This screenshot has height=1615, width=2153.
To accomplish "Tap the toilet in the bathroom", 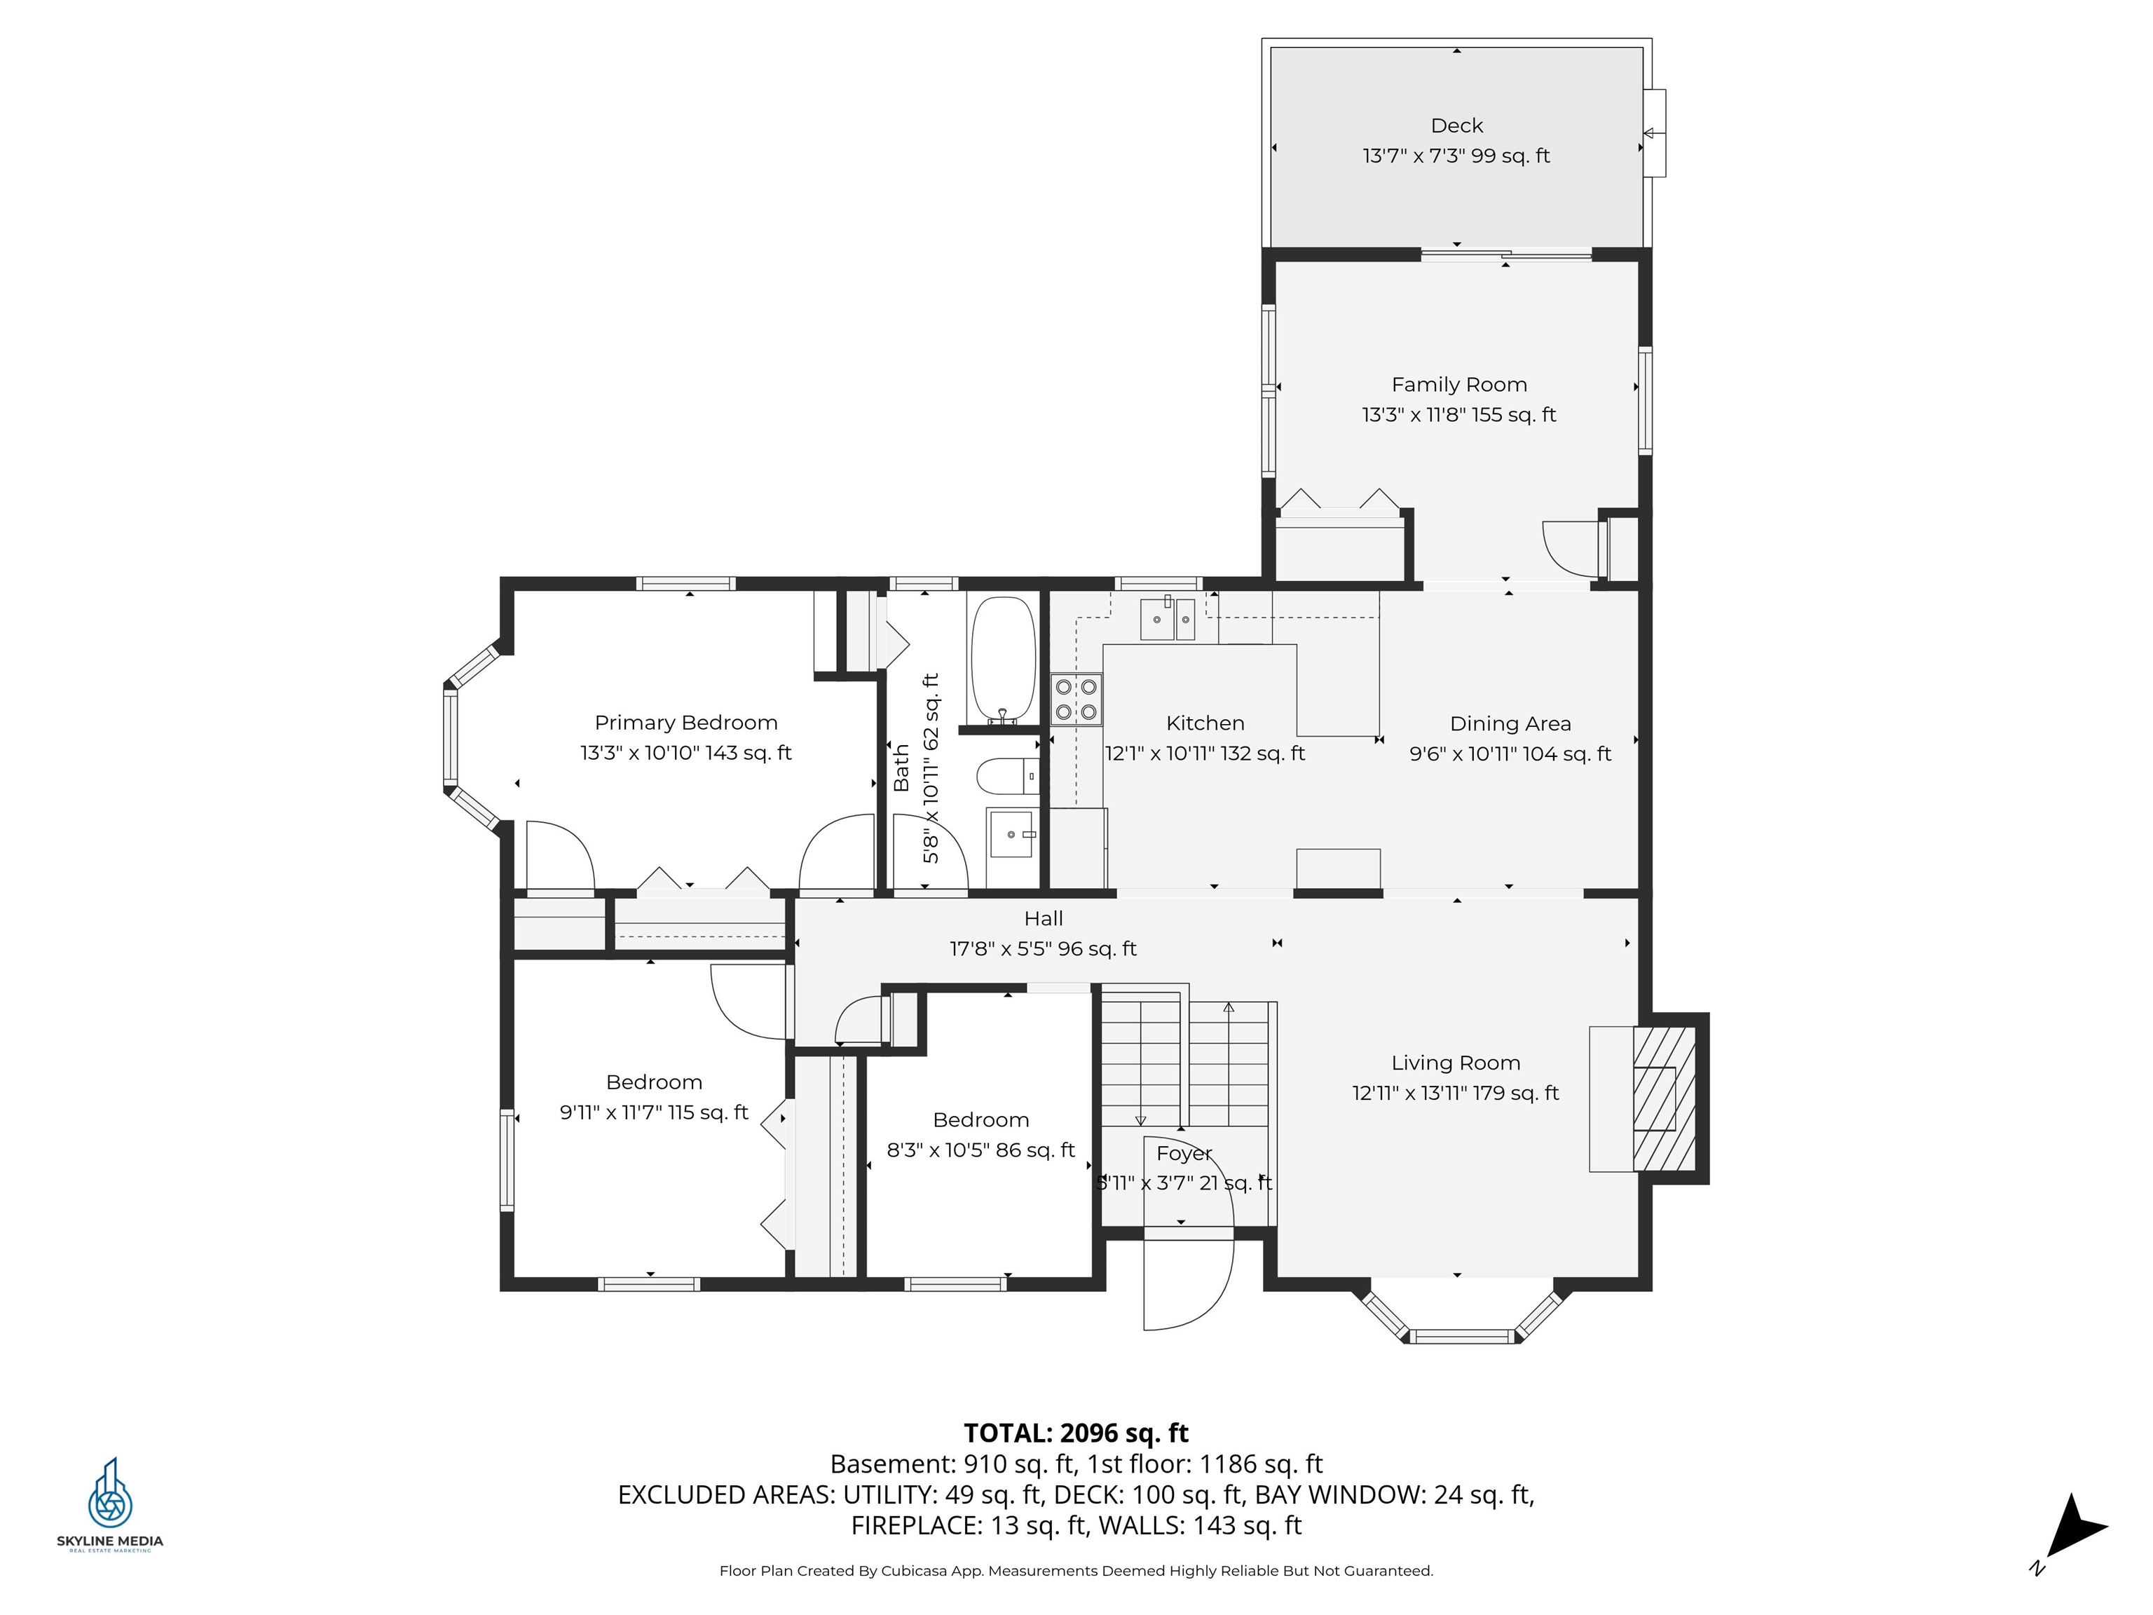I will tap(1006, 776).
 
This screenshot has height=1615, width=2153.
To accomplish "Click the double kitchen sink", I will tap(1167, 619).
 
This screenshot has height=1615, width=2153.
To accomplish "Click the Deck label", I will tap(1456, 125).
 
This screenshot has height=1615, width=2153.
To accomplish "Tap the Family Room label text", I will tap(1458, 385).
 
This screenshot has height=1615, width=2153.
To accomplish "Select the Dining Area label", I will tap(1510, 723).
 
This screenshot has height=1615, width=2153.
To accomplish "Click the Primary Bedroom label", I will tap(685, 722).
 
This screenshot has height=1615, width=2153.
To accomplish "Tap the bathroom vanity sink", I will tap(1011, 834).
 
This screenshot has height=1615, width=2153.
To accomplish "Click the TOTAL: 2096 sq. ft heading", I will tap(1076, 1433).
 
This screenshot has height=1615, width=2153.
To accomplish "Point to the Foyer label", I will tap(1184, 1154).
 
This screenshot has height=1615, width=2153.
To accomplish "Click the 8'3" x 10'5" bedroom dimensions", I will tap(980, 1150).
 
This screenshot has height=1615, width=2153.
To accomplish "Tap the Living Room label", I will tap(1455, 1063).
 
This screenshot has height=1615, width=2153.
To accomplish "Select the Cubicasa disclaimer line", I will tap(1076, 1570).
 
